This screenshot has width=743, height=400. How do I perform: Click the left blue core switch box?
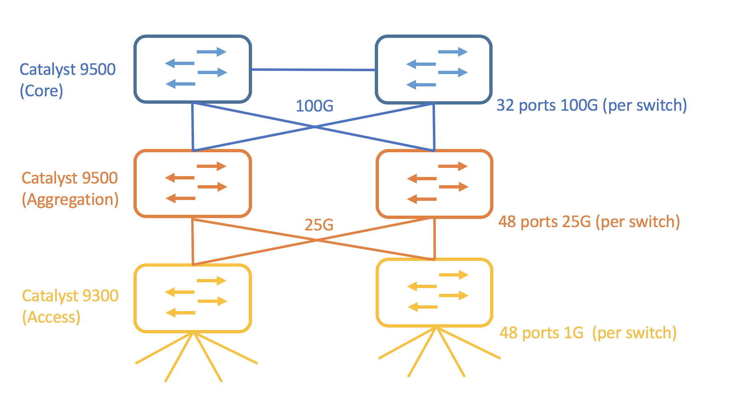point(192,69)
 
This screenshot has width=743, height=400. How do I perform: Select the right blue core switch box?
point(434,69)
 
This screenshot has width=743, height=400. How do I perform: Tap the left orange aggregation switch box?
point(192,183)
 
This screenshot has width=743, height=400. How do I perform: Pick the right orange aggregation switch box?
point(435,184)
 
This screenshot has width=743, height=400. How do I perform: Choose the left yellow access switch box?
point(192,298)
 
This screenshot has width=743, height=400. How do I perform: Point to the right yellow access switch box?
point(435,292)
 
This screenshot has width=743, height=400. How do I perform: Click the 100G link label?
point(315,106)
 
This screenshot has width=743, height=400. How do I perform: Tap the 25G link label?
point(319,225)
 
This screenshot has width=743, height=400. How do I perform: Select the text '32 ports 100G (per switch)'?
point(591,105)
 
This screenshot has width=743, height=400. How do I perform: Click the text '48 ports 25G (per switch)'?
point(589,222)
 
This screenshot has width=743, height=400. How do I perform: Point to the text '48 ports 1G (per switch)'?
point(588,333)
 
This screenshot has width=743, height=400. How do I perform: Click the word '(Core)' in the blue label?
point(42,91)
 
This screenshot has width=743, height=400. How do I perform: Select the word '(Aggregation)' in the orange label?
point(70,200)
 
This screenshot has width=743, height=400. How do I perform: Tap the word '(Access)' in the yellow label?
point(51,317)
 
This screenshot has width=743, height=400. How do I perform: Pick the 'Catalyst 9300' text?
point(70,295)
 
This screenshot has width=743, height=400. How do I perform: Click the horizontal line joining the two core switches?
point(313,70)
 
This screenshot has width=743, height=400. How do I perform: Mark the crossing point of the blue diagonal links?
point(314,127)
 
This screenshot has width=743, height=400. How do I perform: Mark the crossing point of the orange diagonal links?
point(316,240)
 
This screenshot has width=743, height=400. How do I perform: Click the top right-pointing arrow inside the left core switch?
point(212,52)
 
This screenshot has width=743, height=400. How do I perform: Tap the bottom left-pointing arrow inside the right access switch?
point(423,307)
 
